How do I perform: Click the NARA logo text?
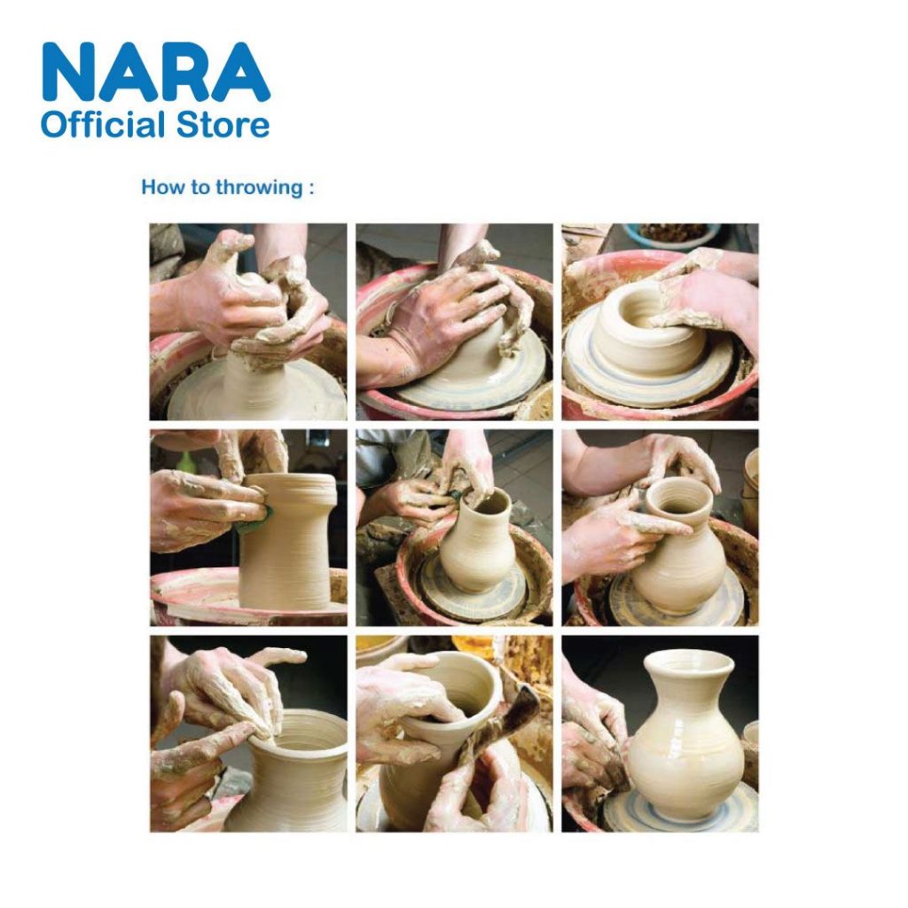[156, 73]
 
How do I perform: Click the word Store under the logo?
[223, 125]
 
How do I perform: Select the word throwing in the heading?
[259, 188]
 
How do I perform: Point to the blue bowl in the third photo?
[672, 234]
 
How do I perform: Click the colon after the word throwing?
[311, 189]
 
